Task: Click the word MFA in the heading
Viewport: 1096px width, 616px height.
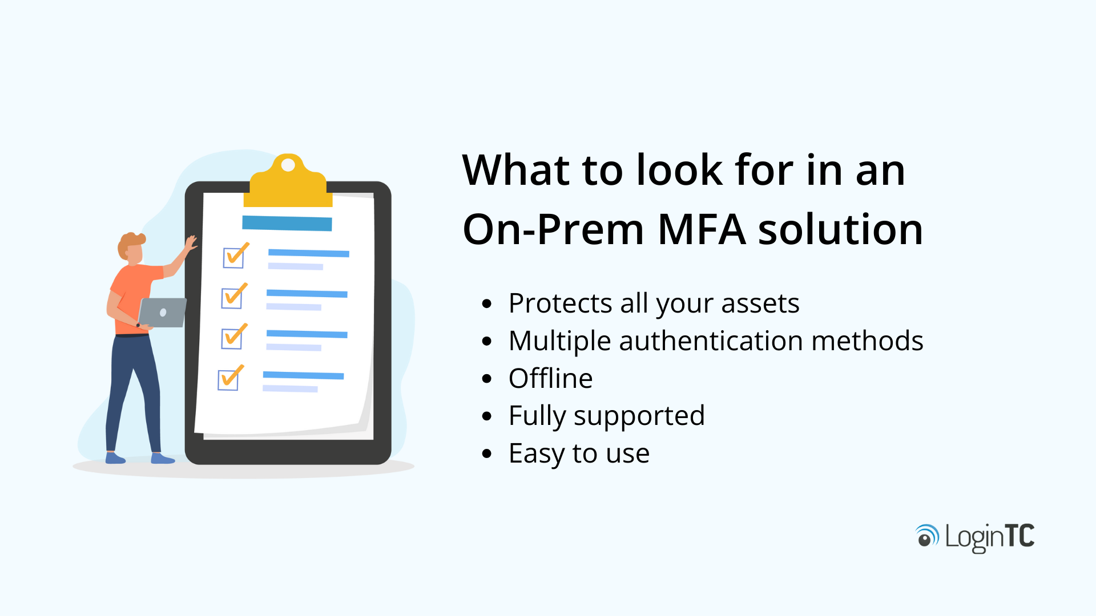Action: point(702,229)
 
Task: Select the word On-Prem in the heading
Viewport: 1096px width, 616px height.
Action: point(553,229)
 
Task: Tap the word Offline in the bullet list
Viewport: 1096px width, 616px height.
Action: point(550,379)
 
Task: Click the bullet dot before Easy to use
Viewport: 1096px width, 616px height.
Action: point(486,454)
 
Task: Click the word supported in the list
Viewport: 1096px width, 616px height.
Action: point(639,416)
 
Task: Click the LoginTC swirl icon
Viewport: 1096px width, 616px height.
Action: point(927,536)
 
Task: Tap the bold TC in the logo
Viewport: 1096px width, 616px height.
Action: point(1019,536)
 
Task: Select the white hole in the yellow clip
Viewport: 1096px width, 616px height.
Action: point(288,165)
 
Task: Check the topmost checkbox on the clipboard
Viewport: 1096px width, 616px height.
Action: point(233,257)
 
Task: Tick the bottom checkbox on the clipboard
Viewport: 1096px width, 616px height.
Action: point(228,379)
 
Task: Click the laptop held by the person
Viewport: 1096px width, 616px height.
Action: point(162,313)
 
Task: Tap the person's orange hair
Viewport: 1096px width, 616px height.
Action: point(130,242)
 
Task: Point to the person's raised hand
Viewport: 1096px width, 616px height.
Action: point(191,244)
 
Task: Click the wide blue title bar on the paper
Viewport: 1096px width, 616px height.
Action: point(287,223)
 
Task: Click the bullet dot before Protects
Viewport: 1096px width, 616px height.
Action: point(486,303)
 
